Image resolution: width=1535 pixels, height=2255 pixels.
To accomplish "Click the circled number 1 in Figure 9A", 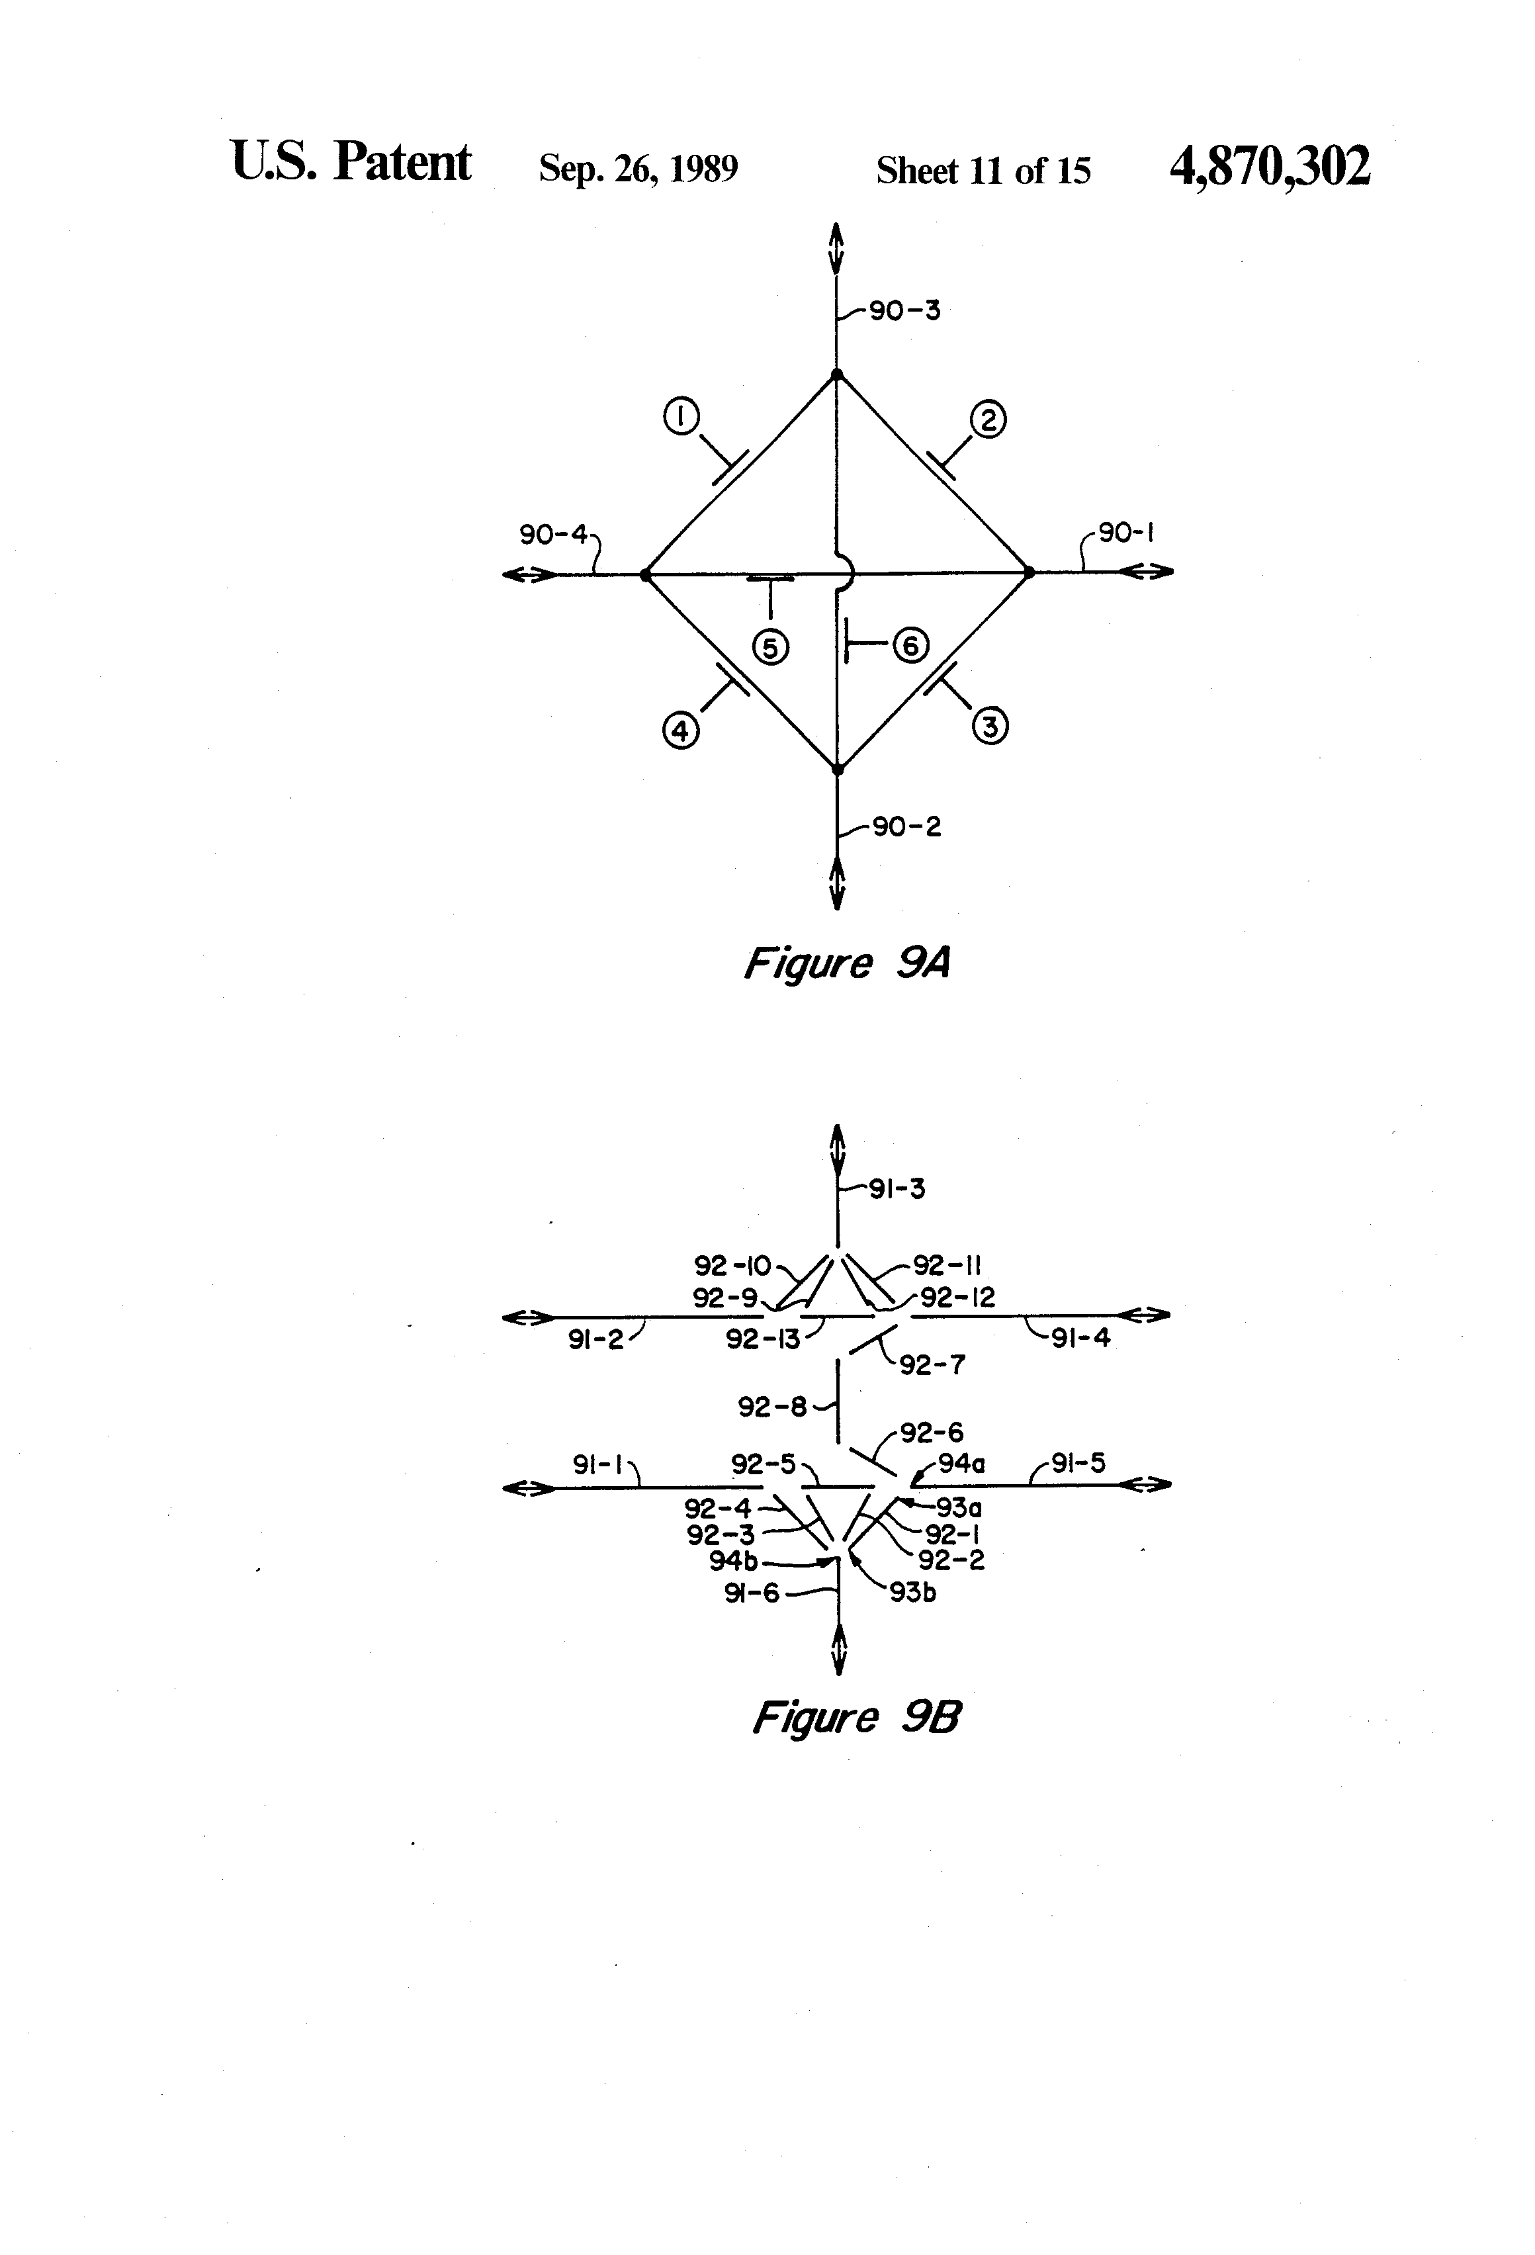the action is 681,418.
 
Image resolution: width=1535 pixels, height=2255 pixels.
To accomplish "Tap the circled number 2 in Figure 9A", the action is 988,420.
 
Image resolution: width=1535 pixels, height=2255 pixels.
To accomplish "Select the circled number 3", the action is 990,726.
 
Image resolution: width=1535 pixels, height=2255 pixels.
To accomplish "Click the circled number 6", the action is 911,644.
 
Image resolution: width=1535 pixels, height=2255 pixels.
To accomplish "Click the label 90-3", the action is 904,312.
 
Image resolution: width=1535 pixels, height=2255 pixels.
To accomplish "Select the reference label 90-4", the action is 553,534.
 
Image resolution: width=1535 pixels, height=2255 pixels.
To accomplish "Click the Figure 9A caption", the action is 846,963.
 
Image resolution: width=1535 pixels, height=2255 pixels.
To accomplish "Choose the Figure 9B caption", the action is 855,1718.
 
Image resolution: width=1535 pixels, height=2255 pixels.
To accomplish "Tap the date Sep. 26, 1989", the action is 638,169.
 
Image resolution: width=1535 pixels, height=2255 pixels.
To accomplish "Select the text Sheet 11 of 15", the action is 983,171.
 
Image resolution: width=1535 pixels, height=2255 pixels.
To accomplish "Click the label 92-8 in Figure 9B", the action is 772,1407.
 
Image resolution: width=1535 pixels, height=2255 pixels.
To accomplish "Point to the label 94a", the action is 961,1463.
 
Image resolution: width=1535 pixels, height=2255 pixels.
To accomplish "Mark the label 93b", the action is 913,1592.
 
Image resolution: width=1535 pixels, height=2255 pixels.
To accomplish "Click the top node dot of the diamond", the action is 836,375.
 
